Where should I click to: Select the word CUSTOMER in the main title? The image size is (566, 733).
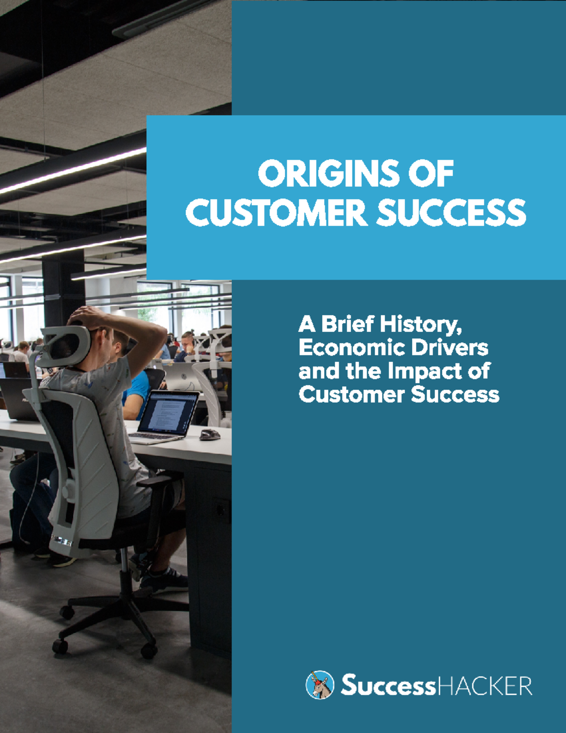(276, 212)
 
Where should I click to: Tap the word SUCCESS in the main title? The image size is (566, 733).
(451, 212)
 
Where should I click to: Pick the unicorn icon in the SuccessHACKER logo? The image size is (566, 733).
(320, 685)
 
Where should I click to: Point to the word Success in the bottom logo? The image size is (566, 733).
(387, 685)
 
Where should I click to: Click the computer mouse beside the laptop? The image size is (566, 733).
(209, 435)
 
